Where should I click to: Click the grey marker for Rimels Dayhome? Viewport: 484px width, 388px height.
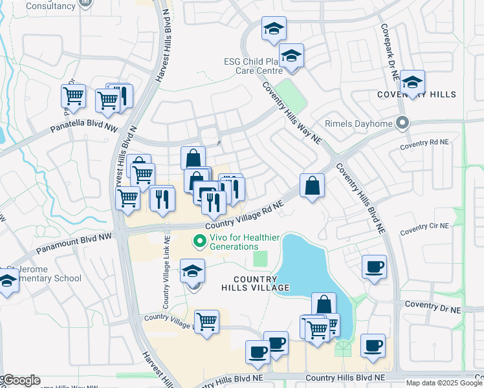(403, 122)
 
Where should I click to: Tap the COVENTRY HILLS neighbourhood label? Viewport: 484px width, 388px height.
(417, 94)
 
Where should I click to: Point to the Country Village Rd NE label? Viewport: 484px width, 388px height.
(245, 216)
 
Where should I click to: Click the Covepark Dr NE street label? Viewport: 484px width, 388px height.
(390, 52)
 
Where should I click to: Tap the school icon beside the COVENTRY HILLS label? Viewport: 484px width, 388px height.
(412, 82)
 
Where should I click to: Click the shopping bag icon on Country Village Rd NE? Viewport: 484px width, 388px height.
(312, 186)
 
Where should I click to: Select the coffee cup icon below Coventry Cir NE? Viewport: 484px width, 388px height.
(374, 266)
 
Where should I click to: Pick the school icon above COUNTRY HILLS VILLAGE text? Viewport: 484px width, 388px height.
(192, 271)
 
